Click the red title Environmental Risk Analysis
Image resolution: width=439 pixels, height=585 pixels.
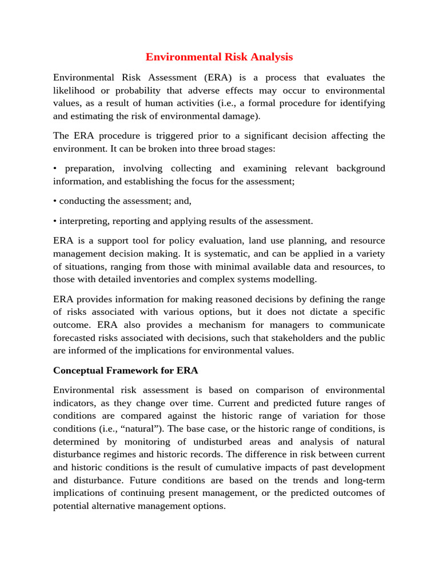219,57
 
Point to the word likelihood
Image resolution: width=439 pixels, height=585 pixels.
77,91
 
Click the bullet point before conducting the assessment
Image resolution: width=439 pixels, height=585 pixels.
55,201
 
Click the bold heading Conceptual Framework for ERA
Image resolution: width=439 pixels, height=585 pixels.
126,370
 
